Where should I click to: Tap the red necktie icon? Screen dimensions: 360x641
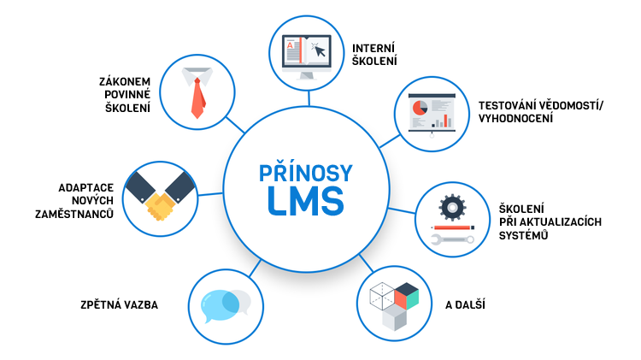click(197, 97)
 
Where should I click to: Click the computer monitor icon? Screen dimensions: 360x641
click(306, 55)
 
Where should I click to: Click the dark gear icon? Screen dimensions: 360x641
click(450, 208)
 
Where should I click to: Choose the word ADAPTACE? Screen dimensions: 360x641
click(86, 186)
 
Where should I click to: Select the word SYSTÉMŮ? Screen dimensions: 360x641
click(524, 235)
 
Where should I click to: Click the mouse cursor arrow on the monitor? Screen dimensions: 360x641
click(320, 50)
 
